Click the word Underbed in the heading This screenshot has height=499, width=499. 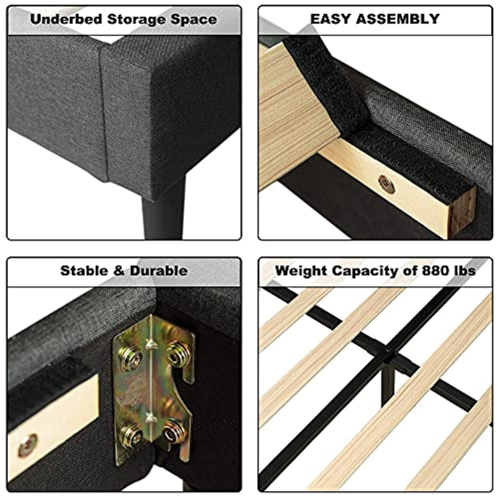(x=66, y=19)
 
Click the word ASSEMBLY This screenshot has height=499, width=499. (x=398, y=19)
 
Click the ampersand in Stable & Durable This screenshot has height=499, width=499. (x=119, y=271)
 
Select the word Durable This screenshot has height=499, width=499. (x=158, y=271)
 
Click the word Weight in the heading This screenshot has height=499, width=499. (x=301, y=271)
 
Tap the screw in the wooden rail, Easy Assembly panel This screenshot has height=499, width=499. (x=386, y=184)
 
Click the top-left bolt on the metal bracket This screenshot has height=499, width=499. (x=131, y=359)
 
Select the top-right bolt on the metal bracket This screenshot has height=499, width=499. (x=177, y=354)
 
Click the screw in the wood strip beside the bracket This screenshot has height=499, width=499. (x=28, y=445)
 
